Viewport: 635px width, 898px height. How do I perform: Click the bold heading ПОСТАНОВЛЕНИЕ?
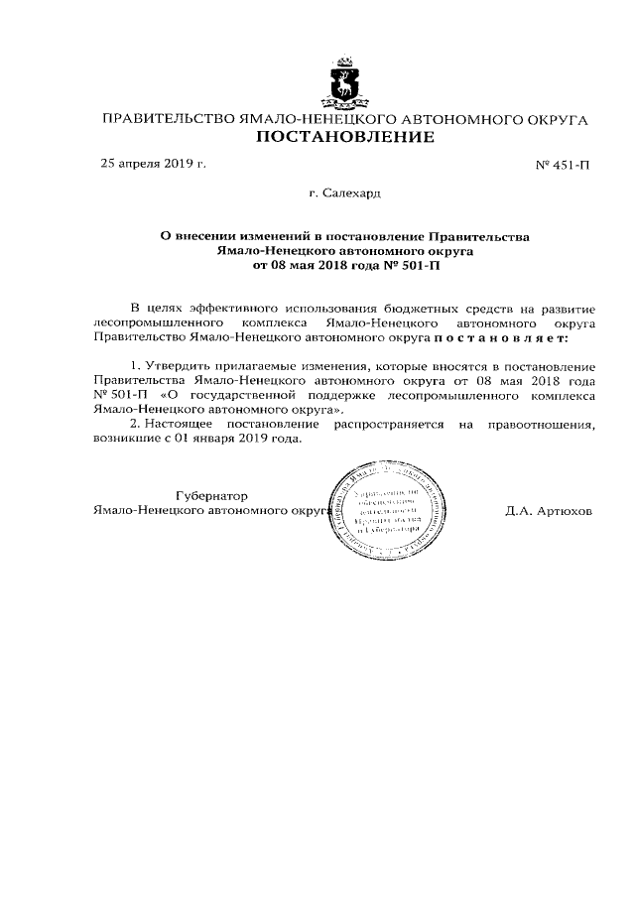(345, 138)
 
